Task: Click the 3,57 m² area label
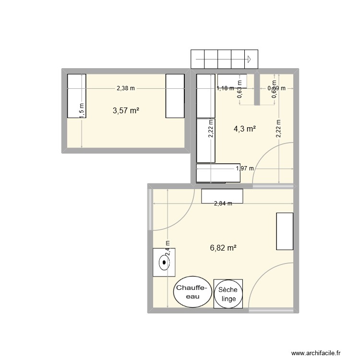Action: [x=126, y=111]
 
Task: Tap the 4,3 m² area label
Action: [x=244, y=129]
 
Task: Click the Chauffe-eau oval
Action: [x=192, y=291]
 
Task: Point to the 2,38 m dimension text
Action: [x=126, y=88]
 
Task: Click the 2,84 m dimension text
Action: [x=223, y=204]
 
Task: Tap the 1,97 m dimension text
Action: [x=244, y=168]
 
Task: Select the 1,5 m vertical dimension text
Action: [x=82, y=111]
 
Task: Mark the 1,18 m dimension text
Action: [x=225, y=88]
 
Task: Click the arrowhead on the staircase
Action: [x=250, y=60]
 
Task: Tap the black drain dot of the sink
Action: [x=165, y=263]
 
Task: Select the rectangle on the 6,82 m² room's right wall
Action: [x=285, y=231]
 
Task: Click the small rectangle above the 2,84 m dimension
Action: [x=222, y=195]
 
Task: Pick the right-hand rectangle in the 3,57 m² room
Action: [x=175, y=96]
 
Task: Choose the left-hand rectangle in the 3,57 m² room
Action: [x=76, y=96]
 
